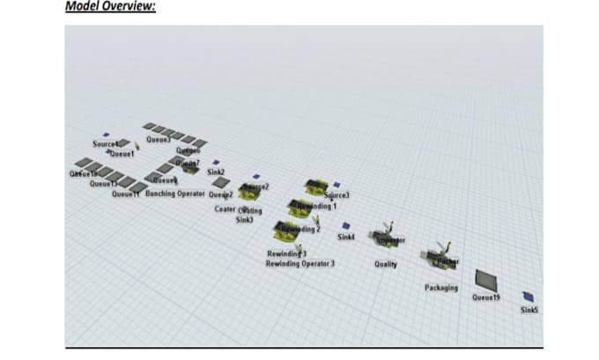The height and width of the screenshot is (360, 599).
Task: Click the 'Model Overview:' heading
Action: pyautogui.click(x=111, y=6)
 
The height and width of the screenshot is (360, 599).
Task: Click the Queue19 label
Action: pyautogui.click(x=485, y=298)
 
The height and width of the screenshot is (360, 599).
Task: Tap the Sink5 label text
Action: pyautogui.click(x=529, y=310)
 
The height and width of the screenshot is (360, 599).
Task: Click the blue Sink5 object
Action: pyautogui.click(x=528, y=297)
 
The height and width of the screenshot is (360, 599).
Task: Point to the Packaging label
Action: pyautogui.click(x=441, y=288)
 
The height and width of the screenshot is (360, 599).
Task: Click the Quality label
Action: pyautogui.click(x=386, y=264)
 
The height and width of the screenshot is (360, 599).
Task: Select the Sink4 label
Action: pyautogui.click(x=345, y=237)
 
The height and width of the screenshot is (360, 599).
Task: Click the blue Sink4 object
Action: pyautogui.click(x=346, y=226)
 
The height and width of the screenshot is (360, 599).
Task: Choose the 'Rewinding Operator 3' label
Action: pyautogui.click(x=300, y=263)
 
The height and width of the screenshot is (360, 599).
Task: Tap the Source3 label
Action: pyautogui.click(x=336, y=195)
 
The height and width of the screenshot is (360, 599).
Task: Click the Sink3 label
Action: pyautogui.click(x=244, y=220)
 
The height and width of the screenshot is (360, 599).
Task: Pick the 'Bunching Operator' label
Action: pyautogui.click(x=174, y=194)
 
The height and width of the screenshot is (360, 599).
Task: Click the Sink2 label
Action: pyautogui.click(x=216, y=173)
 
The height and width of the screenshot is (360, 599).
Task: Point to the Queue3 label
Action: pyautogui.click(x=159, y=139)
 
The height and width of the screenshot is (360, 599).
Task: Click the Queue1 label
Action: pyautogui.click(x=121, y=153)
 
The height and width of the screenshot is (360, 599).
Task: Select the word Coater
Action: pyautogui.click(x=225, y=209)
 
